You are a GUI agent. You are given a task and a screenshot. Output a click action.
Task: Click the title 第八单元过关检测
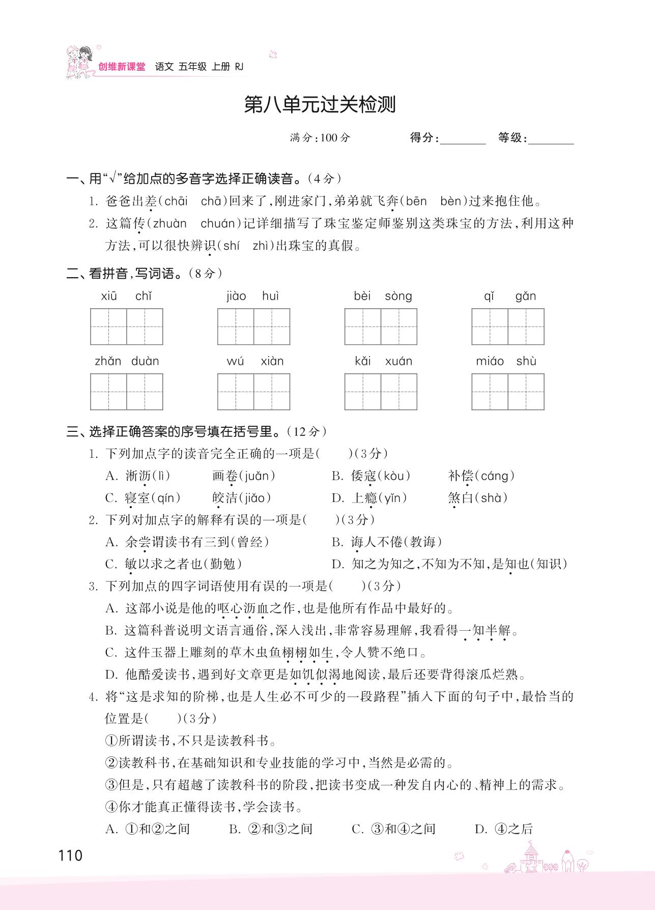pos(320,105)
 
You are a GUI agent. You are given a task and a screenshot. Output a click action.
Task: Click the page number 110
pos(70,856)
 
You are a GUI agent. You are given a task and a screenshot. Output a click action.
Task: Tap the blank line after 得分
pos(463,139)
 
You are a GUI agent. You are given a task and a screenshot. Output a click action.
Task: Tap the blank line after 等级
pos(551,139)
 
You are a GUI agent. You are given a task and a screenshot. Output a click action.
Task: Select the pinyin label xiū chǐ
pos(126,296)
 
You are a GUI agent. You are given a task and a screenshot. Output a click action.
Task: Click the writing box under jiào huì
pos(253,327)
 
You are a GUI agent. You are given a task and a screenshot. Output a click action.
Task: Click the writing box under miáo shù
pos(507,392)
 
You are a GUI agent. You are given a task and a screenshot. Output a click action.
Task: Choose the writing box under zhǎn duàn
pos(127,392)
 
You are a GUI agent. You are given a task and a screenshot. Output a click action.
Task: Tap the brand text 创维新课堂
pos(122,67)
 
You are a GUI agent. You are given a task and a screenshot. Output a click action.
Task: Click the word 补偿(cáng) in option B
pos(481,476)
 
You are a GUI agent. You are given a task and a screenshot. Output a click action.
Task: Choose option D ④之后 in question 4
pos(503,829)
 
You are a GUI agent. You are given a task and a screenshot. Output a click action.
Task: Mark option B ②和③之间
pos(270,829)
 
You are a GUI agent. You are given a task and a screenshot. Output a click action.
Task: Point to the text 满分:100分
pos(320,138)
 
